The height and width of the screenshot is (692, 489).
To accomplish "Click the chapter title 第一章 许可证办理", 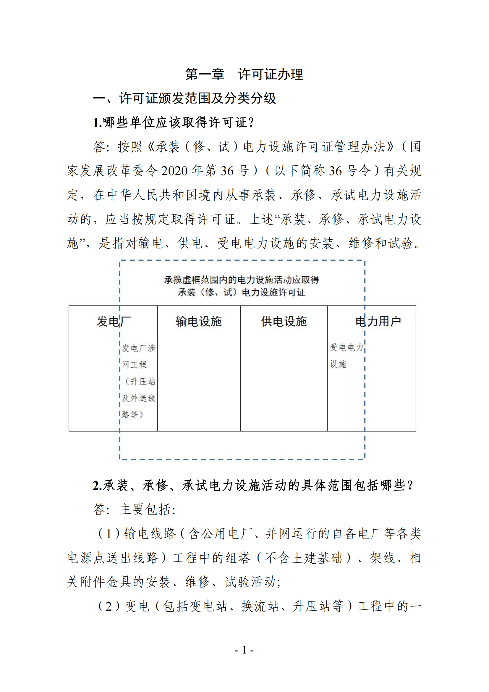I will pyautogui.click(x=244, y=74).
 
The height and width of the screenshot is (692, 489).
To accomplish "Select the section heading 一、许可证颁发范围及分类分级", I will pyautogui.click(x=184, y=98).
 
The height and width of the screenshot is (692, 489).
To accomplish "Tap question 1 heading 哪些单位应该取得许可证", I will pyautogui.click(x=174, y=122).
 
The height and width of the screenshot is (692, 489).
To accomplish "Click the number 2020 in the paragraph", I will pyautogui.click(x=174, y=171).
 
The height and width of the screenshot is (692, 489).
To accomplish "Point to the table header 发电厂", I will pyautogui.click(x=114, y=321).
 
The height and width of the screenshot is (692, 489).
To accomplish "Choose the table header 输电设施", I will pyautogui.click(x=199, y=321).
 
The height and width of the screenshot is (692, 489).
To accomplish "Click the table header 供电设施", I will pyautogui.click(x=284, y=321).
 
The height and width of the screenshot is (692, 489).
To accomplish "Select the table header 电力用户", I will pyautogui.click(x=378, y=321).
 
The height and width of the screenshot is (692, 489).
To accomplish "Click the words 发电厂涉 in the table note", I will pyautogui.click(x=138, y=349).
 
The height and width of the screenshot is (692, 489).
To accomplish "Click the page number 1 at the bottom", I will pyautogui.click(x=244, y=650).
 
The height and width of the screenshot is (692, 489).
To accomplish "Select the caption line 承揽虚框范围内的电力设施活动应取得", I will pyautogui.click(x=242, y=280).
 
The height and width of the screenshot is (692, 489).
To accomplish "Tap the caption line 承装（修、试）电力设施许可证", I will pyautogui.click(x=242, y=292).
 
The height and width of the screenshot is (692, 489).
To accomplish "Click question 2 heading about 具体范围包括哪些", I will pyautogui.click(x=253, y=485).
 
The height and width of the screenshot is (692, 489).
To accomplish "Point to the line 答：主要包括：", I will pyautogui.click(x=134, y=509).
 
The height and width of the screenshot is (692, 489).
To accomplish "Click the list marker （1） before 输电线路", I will pyautogui.click(x=109, y=534).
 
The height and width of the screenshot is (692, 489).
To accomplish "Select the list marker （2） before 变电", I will pyautogui.click(x=109, y=606).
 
